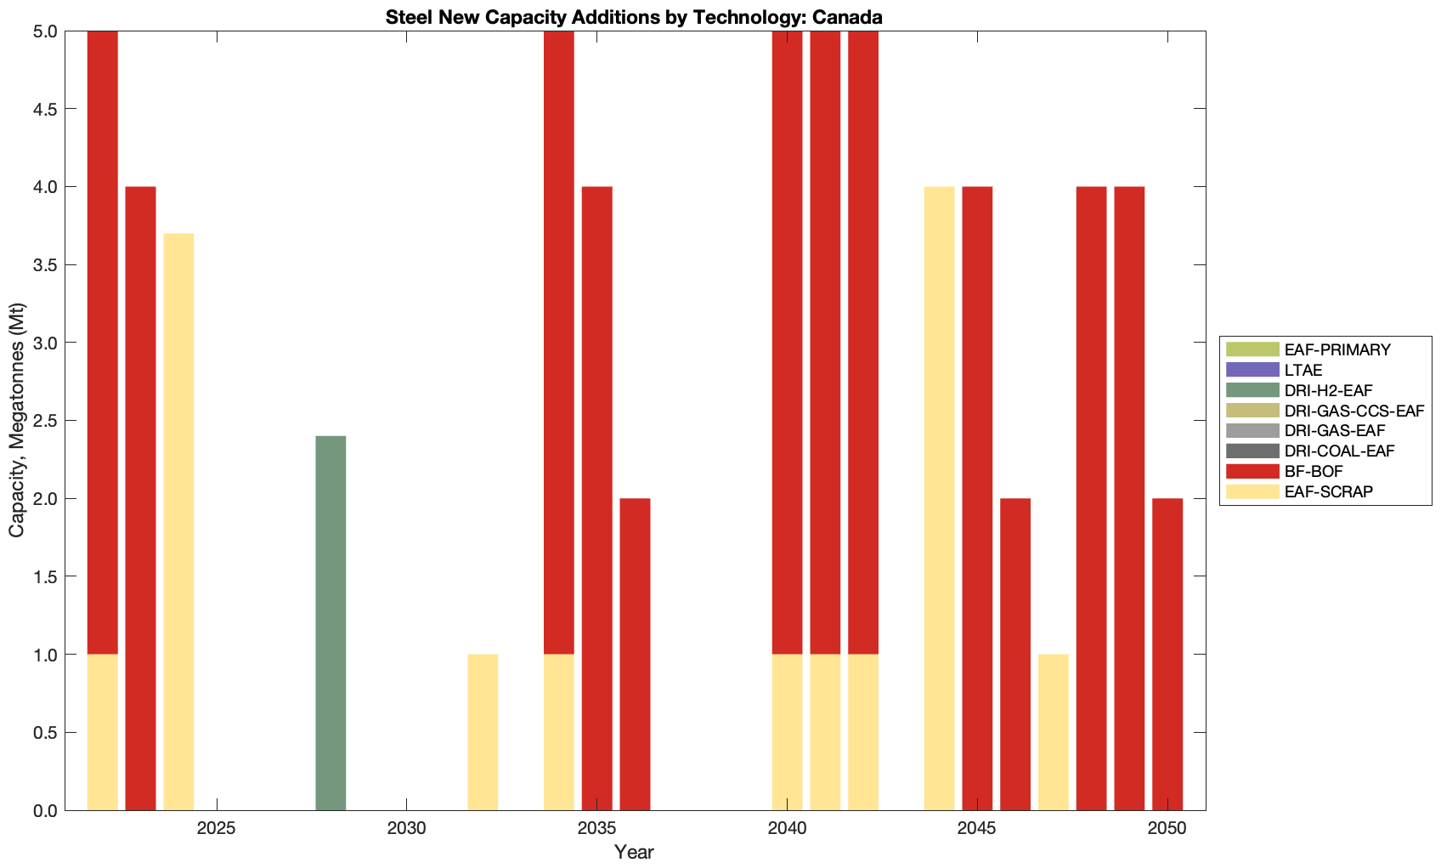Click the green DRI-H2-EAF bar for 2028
point(331,623)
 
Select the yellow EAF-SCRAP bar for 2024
point(178,521)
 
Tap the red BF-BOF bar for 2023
point(140,498)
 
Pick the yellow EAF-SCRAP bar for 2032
point(483,732)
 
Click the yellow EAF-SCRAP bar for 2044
point(939,498)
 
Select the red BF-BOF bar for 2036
point(635,654)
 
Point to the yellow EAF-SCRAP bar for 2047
point(1053,732)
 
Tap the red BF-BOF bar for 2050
point(1167,654)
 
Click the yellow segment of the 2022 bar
point(102,732)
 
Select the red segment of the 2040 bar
point(787,343)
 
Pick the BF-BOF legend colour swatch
point(1252,471)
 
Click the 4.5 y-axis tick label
point(45,109)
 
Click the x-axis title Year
point(634,852)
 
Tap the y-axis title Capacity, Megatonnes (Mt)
point(17,420)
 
